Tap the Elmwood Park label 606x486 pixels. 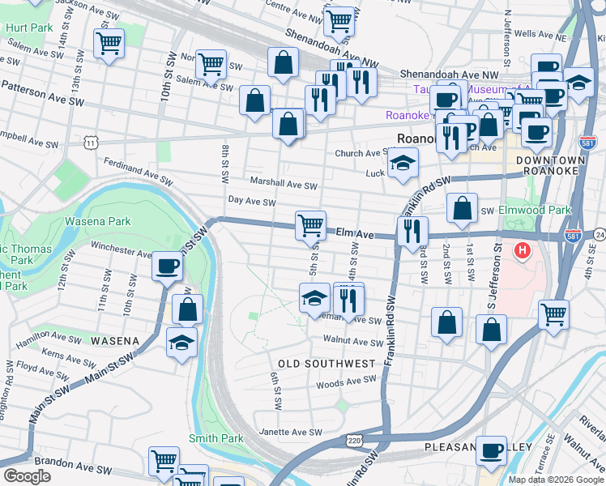point(535,210)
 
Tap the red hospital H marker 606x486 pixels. point(523,251)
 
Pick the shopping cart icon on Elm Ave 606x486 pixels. point(311,224)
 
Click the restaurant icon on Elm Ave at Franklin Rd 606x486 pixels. point(412,231)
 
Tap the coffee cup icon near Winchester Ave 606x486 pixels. point(168,265)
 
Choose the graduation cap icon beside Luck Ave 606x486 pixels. point(403,163)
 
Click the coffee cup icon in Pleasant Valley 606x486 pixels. point(490,451)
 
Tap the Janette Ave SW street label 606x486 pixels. point(289,433)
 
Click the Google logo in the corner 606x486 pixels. point(27,476)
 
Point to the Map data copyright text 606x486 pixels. point(555,480)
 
